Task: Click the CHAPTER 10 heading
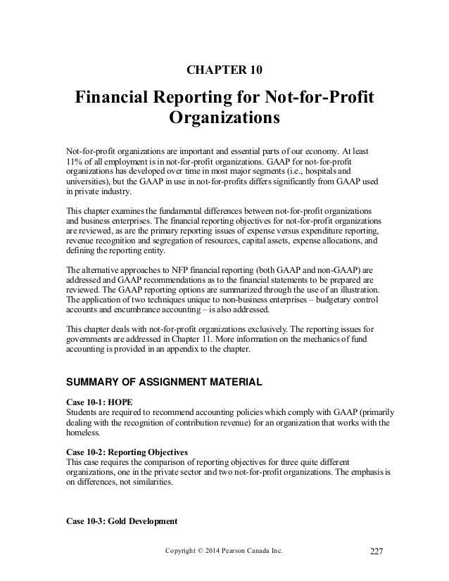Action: click(x=224, y=71)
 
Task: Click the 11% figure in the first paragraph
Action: click(x=74, y=160)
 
